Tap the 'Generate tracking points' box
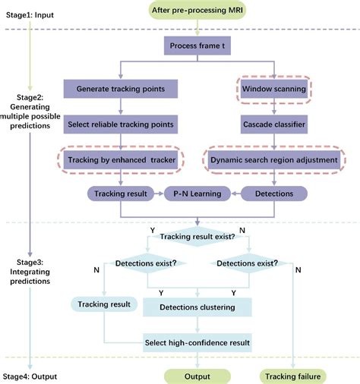121,89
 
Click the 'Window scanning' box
274,89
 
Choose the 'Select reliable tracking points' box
121,124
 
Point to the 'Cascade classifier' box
274,124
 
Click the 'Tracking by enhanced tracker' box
121,159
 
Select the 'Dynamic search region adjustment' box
274,159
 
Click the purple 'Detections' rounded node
274,194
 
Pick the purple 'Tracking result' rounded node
121,194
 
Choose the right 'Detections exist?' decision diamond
250,264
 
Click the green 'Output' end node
197,376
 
